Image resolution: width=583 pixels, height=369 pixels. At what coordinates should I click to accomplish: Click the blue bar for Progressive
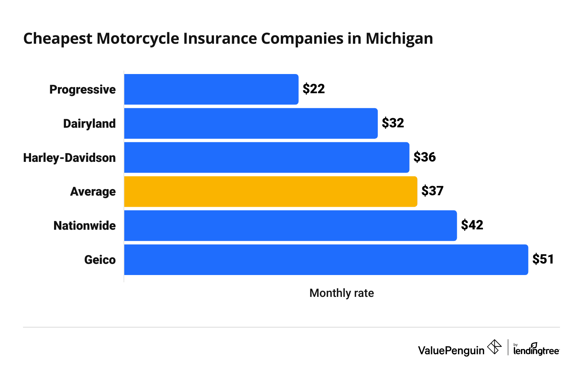[x=211, y=89]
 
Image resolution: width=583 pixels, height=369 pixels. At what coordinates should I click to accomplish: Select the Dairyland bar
[x=251, y=124]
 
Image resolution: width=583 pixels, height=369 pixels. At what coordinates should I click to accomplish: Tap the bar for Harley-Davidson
[x=267, y=158]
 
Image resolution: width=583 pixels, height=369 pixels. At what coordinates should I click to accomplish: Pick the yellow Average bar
[x=270, y=191]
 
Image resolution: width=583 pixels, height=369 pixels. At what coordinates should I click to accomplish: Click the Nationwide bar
[x=290, y=226]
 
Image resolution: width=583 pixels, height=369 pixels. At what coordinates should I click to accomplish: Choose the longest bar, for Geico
[x=326, y=260]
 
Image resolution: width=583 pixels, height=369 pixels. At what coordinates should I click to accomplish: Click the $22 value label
[x=313, y=89]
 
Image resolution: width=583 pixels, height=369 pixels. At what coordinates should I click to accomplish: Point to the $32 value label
[x=393, y=123]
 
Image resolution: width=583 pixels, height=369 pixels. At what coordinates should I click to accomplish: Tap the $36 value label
[x=425, y=157]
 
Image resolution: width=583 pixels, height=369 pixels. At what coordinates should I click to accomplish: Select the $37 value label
[x=432, y=191]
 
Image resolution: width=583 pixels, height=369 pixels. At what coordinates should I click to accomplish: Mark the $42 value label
[x=472, y=225]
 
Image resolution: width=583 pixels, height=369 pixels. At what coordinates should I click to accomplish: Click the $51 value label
[x=543, y=259]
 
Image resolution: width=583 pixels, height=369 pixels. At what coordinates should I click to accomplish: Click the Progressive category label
[x=82, y=90]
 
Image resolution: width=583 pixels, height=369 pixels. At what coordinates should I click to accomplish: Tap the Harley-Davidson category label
[x=69, y=158]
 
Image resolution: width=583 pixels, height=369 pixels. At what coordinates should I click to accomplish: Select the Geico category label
[x=100, y=260]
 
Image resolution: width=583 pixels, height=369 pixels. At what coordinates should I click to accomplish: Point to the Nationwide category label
[x=84, y=226]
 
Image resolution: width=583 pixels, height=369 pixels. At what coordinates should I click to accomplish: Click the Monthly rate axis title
[x=341, y=293]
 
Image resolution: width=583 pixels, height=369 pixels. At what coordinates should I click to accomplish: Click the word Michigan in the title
[x=399, y=39]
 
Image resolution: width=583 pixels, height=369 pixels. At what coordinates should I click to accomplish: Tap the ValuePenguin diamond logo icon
[x=494, y=347]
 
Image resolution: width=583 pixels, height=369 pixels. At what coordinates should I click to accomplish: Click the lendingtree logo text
[x=536, y=350]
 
